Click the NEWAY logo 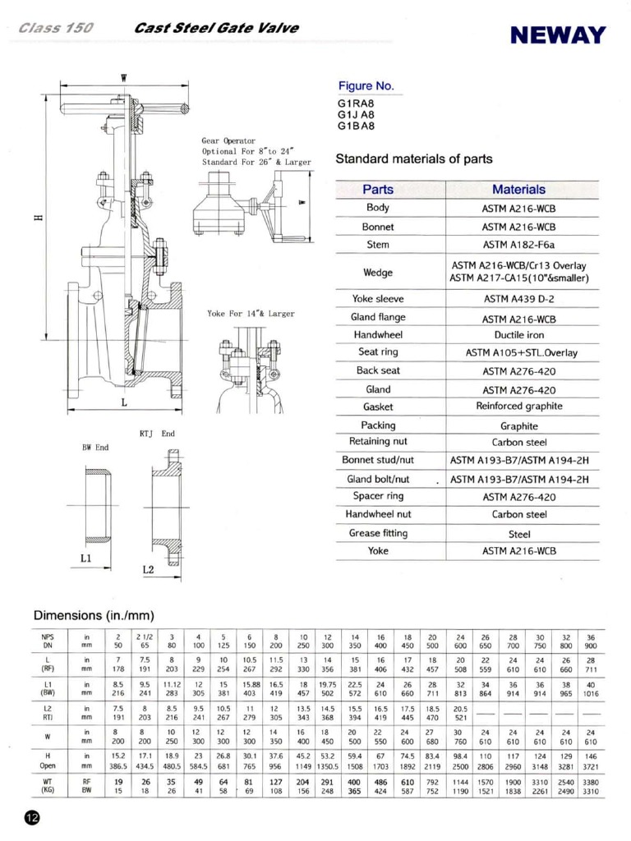coord(557,35)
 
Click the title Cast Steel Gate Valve coord(216,28)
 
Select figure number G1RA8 coord(356,104)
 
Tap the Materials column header coord(518,189)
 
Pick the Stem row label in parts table coord(378,245)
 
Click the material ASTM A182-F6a coord(518,245)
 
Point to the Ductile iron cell coord(518,334)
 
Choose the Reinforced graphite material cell coord(518,407)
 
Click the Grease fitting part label coord(378,533)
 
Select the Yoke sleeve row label coord(378,299)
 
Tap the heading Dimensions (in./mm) coord(94,615)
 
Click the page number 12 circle coord(30,818)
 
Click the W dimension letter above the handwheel coord(124,78)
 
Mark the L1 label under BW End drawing coord(85,558)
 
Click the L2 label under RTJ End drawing coord(148,568)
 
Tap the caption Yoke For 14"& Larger coord(250,314)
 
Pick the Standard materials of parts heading coord(415,159)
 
